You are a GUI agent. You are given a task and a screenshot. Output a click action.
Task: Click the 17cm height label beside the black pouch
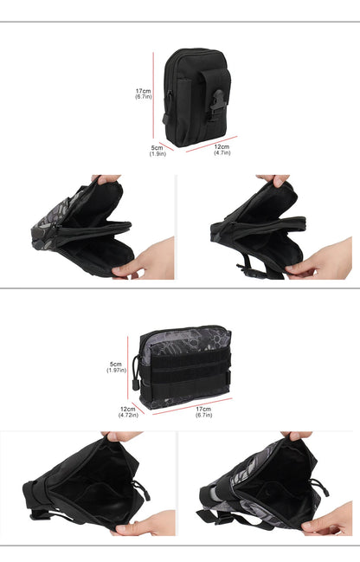point(144,94)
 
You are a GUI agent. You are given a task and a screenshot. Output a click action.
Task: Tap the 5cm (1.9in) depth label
point(157,151)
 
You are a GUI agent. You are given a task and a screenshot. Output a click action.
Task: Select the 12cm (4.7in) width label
point(222,150)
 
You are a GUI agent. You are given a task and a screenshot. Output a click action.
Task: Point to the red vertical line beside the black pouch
point(153,95)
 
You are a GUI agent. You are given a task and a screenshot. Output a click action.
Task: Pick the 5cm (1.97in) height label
point(116,367)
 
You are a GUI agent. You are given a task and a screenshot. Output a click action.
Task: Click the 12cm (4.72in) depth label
point(128,412)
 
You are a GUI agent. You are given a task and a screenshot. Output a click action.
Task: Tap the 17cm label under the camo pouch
point(203,412)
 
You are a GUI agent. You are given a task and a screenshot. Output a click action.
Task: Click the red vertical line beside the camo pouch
point(127,368)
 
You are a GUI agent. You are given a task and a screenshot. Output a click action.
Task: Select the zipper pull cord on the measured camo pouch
point(135,373)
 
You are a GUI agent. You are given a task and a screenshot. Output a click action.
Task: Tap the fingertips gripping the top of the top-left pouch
point(106,179)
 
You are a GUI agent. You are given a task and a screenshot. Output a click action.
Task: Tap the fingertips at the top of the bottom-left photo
point(122,436)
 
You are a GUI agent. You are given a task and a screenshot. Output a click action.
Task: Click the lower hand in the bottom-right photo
point(327,520)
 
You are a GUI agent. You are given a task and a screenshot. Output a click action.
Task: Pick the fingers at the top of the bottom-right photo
point(296,436)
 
